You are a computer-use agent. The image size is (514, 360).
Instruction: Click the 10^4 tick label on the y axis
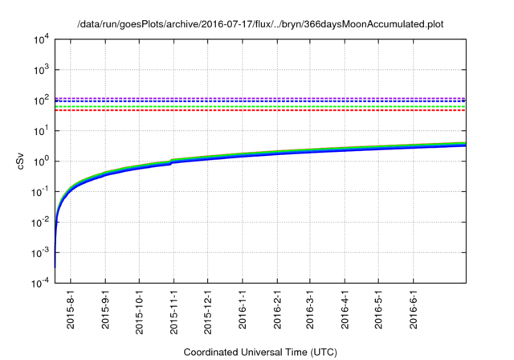41,39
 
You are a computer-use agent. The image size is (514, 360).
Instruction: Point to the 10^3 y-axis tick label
41,70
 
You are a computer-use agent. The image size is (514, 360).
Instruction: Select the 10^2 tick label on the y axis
41,100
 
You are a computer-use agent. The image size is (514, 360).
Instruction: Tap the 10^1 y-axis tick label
41,131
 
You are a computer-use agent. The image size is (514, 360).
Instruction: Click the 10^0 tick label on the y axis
41,162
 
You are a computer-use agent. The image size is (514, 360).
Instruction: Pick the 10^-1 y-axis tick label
40,192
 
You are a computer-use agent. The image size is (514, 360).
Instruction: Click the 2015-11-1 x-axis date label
174,313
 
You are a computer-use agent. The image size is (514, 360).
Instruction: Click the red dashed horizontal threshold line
265,110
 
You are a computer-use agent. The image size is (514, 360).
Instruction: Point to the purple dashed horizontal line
265,98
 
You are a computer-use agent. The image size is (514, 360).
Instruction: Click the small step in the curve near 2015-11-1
173,162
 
